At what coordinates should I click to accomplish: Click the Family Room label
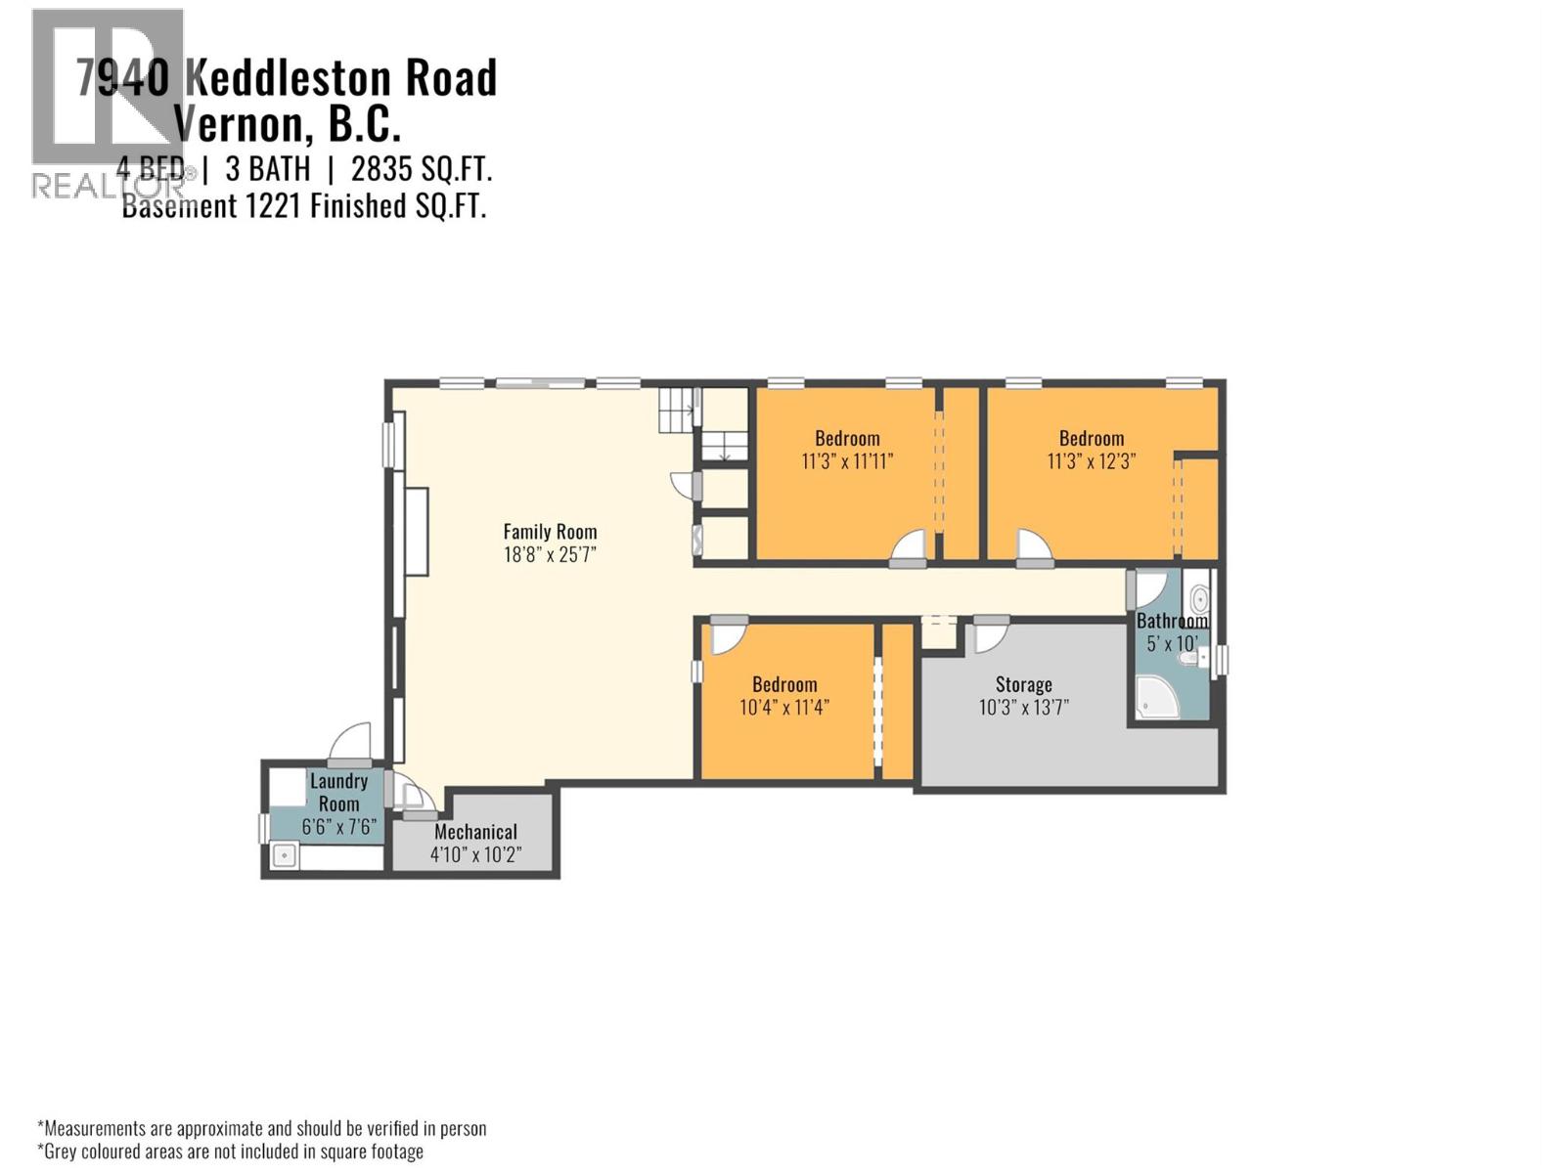550,532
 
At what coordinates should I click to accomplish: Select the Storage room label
1023,684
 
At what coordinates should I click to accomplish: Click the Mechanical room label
475,832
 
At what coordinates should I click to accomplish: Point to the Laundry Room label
338,792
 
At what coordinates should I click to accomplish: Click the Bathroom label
1172,621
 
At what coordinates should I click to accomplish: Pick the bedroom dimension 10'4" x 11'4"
784,707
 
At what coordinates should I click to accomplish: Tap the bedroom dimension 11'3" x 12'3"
1091,461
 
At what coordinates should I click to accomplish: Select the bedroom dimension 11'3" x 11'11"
847,461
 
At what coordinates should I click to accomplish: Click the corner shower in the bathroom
1152,700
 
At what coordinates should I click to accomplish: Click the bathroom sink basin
1199,597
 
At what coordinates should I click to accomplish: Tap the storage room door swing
990,637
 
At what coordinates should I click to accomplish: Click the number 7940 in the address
123,78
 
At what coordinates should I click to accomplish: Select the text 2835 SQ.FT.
422,169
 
